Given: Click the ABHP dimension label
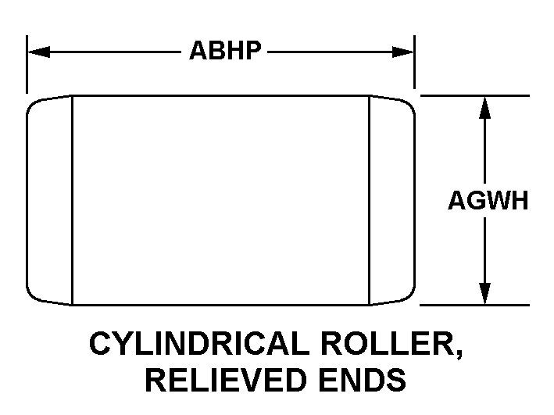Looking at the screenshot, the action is point(225,51).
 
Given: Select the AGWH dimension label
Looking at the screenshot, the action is point(488,200).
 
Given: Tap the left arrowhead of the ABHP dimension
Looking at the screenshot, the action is point(39,52).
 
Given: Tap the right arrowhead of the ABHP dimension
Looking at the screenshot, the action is point(402,52).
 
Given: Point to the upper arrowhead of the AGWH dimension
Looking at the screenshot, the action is point(484,107).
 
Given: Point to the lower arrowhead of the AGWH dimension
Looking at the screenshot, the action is point(484,293).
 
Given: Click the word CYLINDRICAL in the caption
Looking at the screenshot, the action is point(197,344).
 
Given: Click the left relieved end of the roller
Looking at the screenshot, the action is point(49,200).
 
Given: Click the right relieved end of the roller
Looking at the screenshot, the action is point(392,200).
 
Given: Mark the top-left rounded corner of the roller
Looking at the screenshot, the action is point(33,104).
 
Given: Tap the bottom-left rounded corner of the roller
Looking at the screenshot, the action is point(33,296).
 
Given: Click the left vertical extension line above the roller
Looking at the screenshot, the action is point(27,64).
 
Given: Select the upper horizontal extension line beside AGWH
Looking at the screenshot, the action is point(475,95).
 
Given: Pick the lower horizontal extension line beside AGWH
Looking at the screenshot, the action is point(475,305).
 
